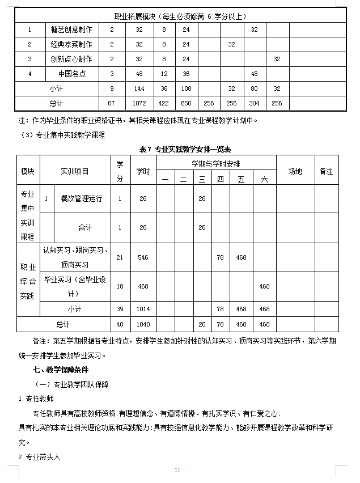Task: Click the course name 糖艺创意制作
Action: tap(71, 29)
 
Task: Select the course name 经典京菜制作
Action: tap(71, 44)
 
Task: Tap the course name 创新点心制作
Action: tap(71, 58)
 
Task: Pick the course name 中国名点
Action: tap(71, 74)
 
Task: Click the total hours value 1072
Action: tap(138, 103)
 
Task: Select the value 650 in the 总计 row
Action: tap(186, 103)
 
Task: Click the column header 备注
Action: tap(326, 171)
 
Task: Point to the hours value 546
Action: tap(143, 257)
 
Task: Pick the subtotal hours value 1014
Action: tap(143, 309)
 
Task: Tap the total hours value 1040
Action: tap(143, 324)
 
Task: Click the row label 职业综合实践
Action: tap(28, 281)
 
